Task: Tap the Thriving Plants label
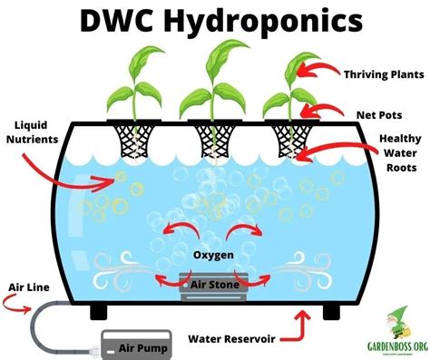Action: point(380,74)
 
